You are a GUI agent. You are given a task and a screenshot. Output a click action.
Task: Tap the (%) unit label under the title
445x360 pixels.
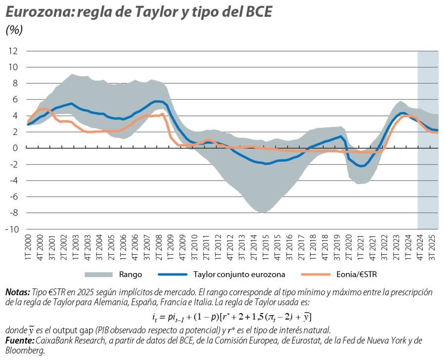coord(14,30)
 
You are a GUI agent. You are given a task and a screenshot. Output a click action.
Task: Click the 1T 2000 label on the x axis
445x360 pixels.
coord(28,247)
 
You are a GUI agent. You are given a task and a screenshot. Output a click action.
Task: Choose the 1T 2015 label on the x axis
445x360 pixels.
coord(265,247)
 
